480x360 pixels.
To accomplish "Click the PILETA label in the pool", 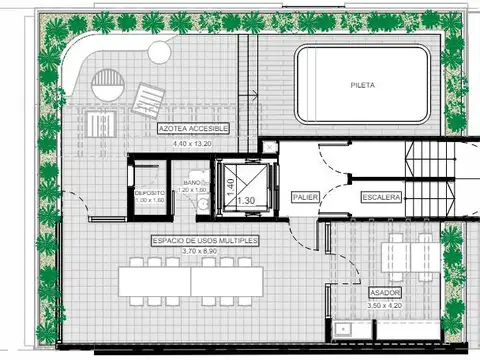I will pos(364,85).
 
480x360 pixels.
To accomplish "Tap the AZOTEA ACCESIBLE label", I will pos(194,129).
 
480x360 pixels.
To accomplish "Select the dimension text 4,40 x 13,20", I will pos(194,144).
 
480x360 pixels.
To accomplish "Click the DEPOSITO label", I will pos(150,192).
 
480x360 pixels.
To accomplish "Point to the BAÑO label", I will pos(194,184).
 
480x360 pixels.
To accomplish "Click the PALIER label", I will pos(305,198).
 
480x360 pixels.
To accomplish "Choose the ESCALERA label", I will pos(382,198).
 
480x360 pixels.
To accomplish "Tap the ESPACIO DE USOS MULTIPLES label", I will pos(206,241).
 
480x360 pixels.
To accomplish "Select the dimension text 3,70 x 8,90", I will pos(206,251).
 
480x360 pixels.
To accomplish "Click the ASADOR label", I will pos(385,292).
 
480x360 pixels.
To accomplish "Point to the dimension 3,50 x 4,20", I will pos(385,303).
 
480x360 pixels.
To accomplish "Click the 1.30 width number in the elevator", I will pos(245,201).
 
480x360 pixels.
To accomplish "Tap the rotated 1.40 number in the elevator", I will pos(229,185).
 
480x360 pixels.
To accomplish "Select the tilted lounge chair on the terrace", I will pos(146,97).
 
